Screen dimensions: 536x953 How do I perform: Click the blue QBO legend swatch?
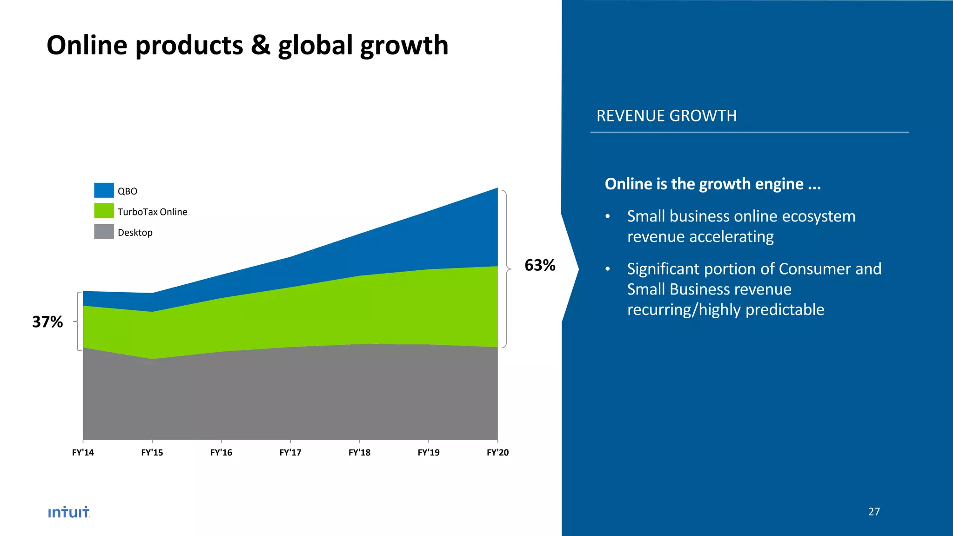(104, 190)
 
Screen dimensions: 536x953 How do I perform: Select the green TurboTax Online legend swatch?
(104, 211)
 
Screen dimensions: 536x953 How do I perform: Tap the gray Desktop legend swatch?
(104, 231)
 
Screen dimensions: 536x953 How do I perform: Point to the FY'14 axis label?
(83, 452)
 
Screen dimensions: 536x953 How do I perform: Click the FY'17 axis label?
(290, 452)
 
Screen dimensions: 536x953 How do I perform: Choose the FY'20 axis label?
(497, 452)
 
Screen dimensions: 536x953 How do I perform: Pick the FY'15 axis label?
(152, 452)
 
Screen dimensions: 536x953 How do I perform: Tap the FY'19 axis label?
(429, 452)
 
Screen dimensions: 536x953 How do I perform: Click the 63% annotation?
(540, 265)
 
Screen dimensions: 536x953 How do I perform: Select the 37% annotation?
(47, 322)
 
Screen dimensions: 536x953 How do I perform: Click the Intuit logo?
(69, 512)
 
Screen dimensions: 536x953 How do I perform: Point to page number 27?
(874, 511)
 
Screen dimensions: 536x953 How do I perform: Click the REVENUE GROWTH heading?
(666, 116)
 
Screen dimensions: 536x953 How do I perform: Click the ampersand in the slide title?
(261, 45)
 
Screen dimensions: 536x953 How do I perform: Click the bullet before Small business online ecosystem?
(607, 217)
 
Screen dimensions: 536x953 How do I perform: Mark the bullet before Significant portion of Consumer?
(607, 269)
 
